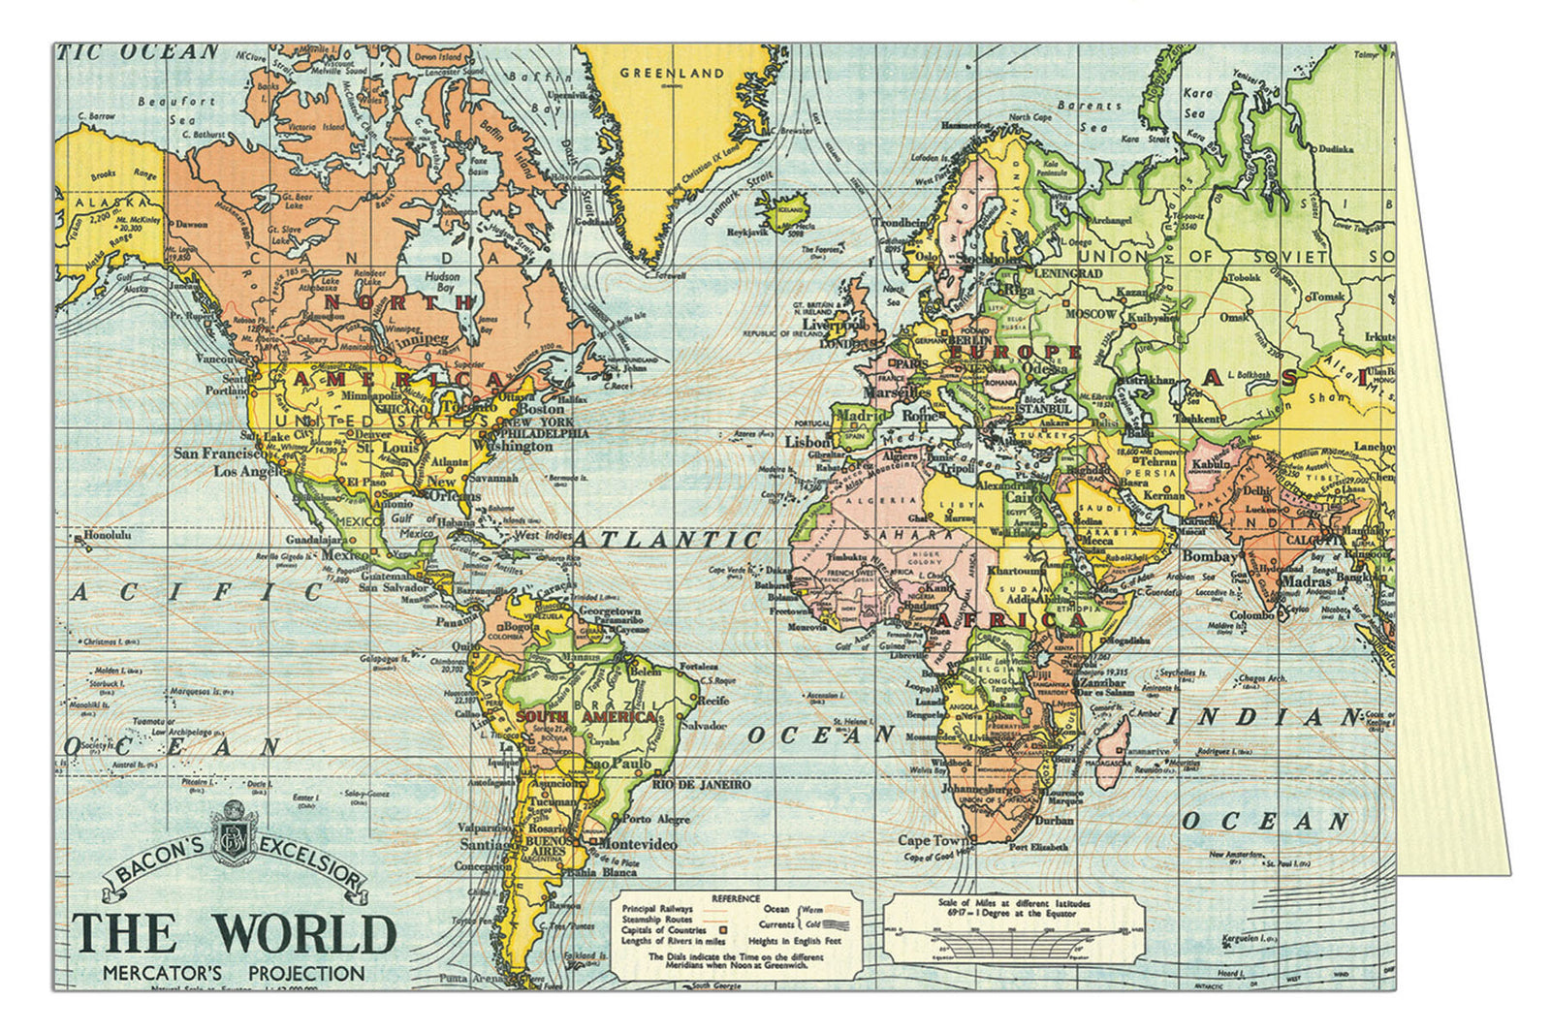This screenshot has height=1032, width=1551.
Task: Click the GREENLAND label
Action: pyautogui.click(x=672, y=73)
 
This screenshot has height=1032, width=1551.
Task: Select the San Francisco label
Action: pyautogui.click(x=217, y=453)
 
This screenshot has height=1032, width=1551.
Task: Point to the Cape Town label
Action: pyautogui.click(x=928, y=840)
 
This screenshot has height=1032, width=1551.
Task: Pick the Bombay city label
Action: pyautogui.click(x=1209, y=556)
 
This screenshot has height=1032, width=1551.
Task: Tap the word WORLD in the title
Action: pyautogui.click(x=306, y=934)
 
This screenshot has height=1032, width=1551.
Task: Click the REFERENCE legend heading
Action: pyautogui.click(x=736, y=898)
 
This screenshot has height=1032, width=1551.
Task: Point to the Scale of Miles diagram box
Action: pyautogui.click(x=1014, y=926)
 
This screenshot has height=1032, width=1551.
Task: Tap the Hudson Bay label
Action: pyautogui.click(x=441, y=282)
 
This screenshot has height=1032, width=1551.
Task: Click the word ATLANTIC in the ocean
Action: pyautogui.click(x=667, y=539)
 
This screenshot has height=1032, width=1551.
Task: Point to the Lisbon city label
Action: pyautogui.click(x=807, y=442)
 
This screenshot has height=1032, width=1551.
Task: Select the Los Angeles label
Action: pyautogui.click(x=250, y=472)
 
